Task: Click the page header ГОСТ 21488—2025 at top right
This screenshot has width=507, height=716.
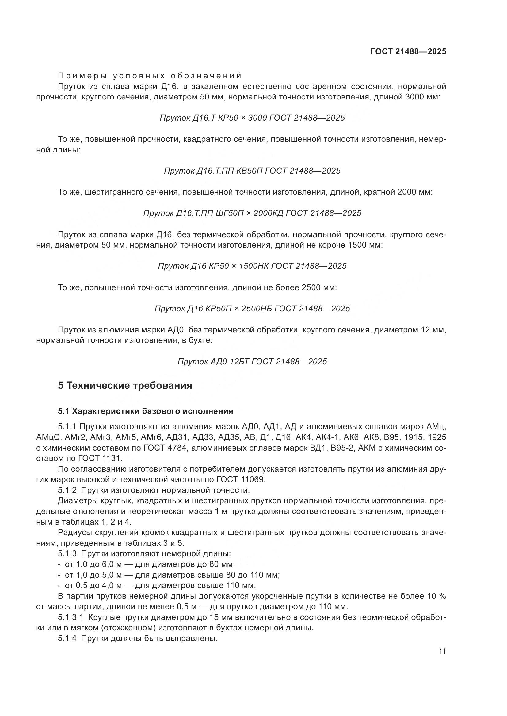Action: (x=408, y=51)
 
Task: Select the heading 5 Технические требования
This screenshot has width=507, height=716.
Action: (x=125, y=386)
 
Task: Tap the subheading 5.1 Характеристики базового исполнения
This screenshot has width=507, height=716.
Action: (x=146, y=411)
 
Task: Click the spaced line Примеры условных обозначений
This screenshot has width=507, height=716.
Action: (x=150, y=76)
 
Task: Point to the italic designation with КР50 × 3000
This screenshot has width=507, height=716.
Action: (x=252, y=118)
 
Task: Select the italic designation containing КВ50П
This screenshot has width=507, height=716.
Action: (x=252, y=171)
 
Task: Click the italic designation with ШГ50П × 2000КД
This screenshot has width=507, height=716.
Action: (x=252, y=213)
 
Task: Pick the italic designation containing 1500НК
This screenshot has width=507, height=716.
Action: (x=252, y=266)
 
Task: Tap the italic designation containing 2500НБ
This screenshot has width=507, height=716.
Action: (x=252, y=309)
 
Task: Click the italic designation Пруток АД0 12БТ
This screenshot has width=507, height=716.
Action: (x=252, y=362)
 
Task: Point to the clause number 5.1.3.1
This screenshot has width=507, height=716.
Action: (x=71, y=617)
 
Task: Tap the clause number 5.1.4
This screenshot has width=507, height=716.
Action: (x=67, y=639)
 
